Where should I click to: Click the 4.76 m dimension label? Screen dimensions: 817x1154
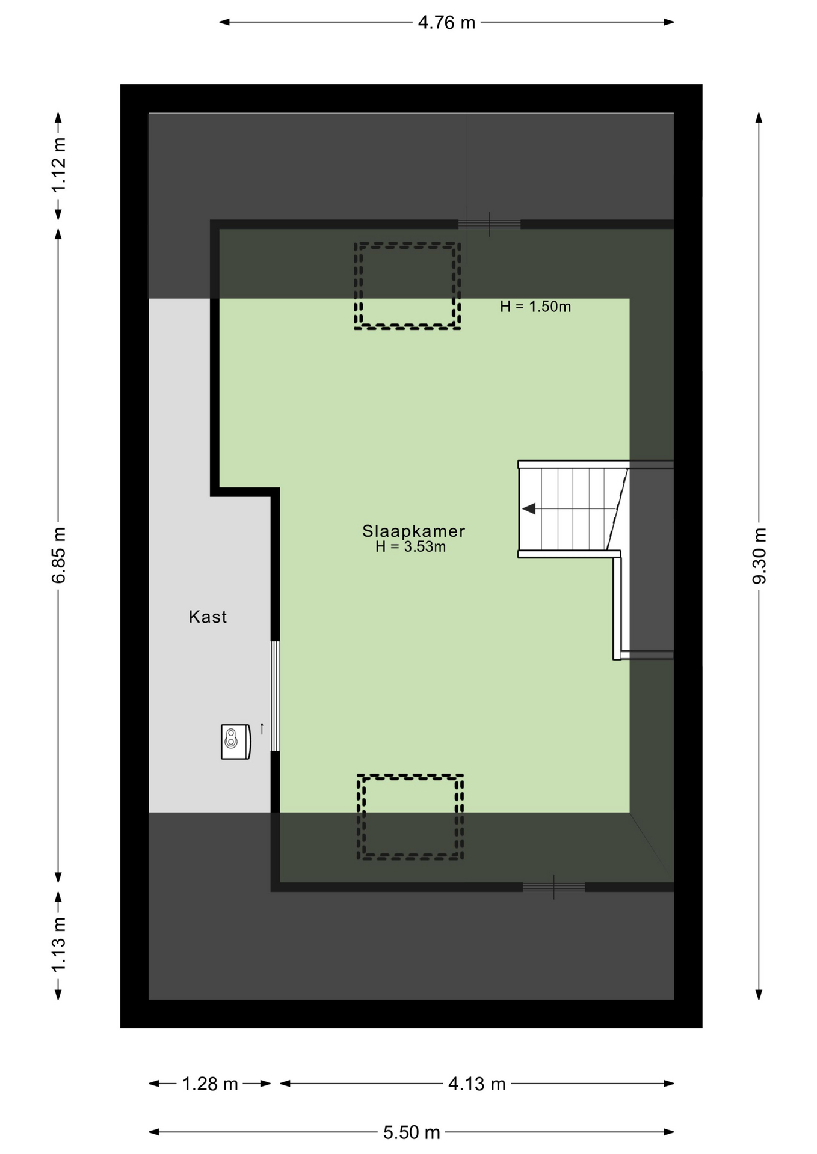[x=446, y=23]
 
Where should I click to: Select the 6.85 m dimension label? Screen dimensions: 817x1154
[x=59, y=555]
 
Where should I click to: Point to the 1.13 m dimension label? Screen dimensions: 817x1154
[x=59, y=945]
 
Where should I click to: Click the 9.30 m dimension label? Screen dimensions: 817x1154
[x=759, y=555]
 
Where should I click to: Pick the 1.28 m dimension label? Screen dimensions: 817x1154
[x=210, y=1084]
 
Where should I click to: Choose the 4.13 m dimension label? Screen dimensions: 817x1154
[x=476, y=1084]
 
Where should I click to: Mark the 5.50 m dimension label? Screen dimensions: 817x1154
[x=412, y=1132]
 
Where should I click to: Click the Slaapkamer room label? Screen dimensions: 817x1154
[x=413, y=531]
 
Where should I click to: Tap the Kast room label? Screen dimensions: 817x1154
[x=208, y=617]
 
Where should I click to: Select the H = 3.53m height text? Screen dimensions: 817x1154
[x=411, y=547]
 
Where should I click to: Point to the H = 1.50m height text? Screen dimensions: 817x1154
[x=535, y=307]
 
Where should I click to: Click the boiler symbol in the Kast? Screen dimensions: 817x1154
[x=236, y=742]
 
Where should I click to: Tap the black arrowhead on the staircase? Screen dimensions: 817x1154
[x=529, y=509]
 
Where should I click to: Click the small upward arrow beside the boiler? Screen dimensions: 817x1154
[x=262, y=728]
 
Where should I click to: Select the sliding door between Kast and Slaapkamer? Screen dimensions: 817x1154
[x=275, y=696]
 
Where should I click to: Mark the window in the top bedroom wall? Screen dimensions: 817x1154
[x=490, y=224]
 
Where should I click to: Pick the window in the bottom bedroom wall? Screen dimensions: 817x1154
[x=553, y=887]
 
